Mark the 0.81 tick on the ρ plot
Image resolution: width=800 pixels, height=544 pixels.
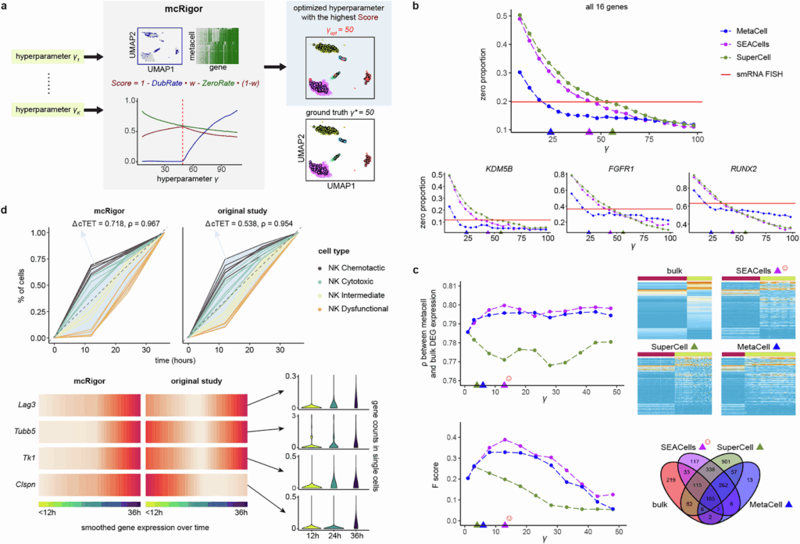448,286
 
